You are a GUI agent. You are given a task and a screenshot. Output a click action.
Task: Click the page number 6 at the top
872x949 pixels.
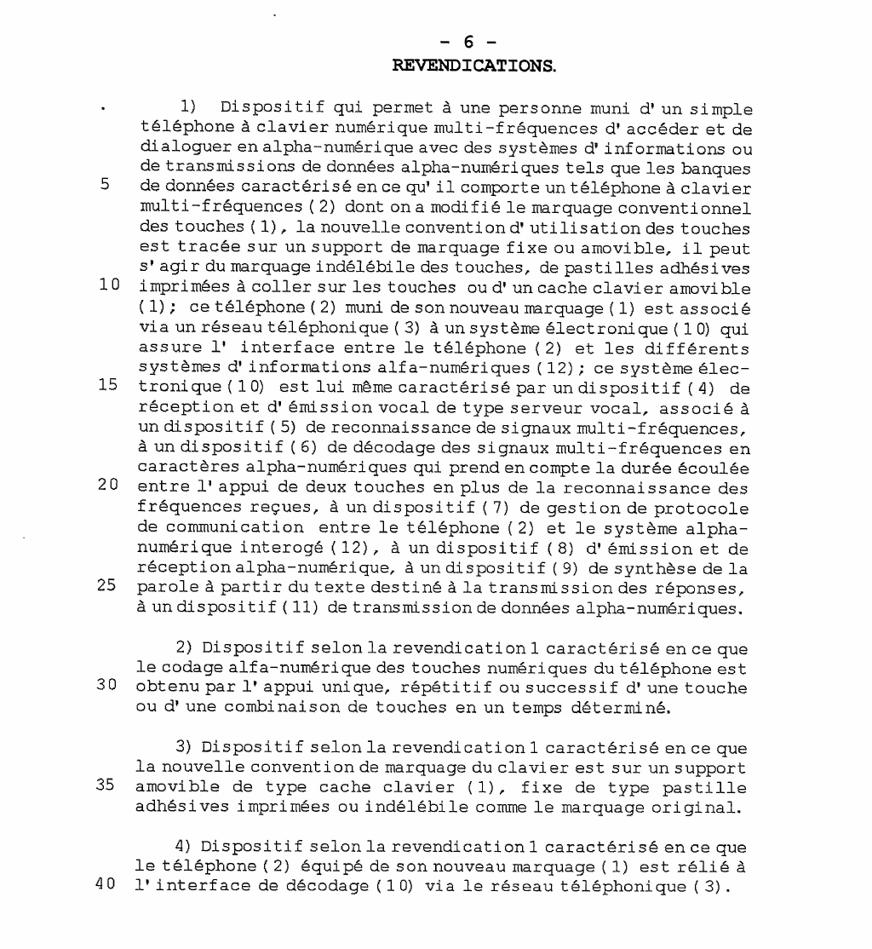coord(468,43)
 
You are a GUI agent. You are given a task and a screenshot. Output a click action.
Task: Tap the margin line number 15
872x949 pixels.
coord(107,384)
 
